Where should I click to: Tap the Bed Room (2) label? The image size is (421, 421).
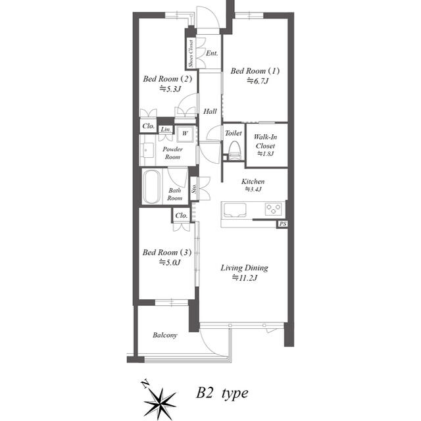pos(169,80)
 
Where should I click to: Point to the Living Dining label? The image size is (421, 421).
pos(244,268)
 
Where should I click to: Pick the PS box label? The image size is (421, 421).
pos(282,224)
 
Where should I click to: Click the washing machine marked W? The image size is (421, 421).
pos(185,133)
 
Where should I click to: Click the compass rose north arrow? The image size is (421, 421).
pos(159,397)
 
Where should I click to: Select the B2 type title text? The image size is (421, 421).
pos(222,394)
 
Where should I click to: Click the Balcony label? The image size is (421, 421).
pos(164,335)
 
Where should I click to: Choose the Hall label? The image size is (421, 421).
pos(210,111)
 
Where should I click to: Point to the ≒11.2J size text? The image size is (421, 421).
pos(244,278)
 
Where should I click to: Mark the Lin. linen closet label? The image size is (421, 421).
pos(166,130)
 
